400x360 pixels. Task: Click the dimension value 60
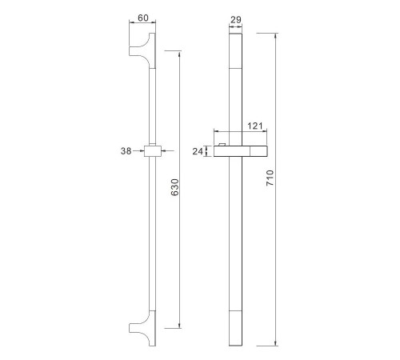(143, 18)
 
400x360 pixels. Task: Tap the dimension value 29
(236, 19)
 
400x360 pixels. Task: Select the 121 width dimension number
(255, 126)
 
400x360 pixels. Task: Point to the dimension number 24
(198, 151)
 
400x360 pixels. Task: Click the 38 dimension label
(126, 151)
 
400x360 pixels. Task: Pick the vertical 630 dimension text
(175, 187)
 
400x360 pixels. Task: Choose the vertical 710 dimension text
(270, 178)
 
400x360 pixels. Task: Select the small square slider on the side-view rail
(153, 151)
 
